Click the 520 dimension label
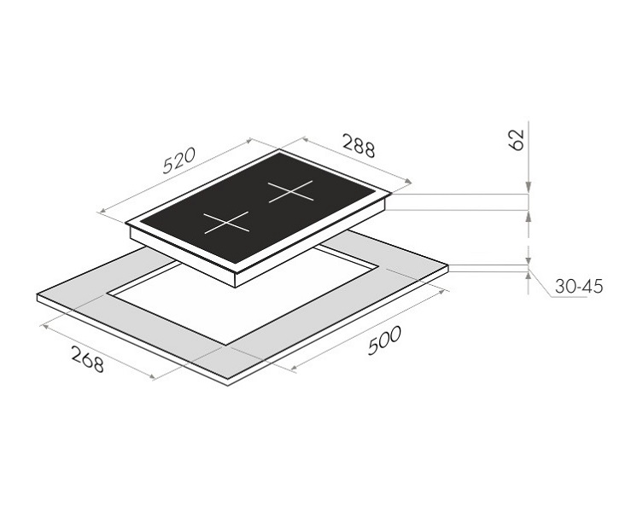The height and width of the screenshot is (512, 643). point(180,160)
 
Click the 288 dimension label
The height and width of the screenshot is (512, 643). point(359,145)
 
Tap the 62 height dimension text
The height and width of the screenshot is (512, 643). point(517,140)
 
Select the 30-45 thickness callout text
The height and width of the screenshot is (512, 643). point(579,287)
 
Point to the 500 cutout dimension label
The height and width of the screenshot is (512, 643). point(383,340)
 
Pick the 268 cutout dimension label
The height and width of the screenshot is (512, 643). point(87,359)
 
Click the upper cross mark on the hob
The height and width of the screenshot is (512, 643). point(290,191)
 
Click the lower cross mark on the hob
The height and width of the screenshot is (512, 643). point(226,223)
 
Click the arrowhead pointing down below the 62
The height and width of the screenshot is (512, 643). point(529,187)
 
